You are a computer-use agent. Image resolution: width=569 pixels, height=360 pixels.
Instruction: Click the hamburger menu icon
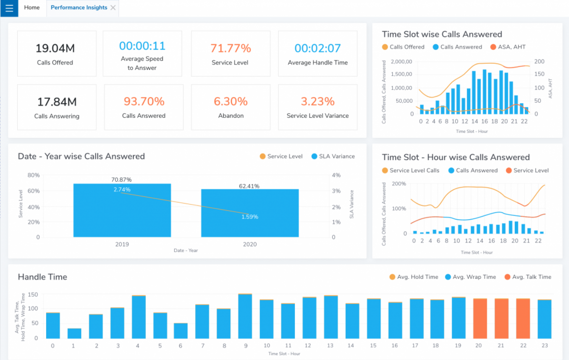click(x=9, y=8)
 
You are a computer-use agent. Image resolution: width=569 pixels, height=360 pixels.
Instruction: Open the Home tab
click(x=32, y=8)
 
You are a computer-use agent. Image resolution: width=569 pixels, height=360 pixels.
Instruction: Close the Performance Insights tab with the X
click(x=113, y=8)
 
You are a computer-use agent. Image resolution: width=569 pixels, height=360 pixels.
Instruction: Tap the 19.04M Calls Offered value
click(x=55, y=48)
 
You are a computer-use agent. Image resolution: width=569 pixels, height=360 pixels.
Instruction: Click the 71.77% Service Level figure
click(x=230, y=48)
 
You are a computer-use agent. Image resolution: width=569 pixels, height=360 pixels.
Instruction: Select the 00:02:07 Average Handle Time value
click(x=317, y=48)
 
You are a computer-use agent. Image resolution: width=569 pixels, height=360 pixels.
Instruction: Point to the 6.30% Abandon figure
click(x=230, y=101)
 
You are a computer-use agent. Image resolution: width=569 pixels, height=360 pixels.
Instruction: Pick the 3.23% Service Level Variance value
click(x=317, y=101)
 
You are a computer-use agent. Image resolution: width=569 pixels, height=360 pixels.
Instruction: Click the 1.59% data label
click(x=250, y=217)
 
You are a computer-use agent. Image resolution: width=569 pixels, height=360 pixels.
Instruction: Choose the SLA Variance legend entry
click(x=333, y=156)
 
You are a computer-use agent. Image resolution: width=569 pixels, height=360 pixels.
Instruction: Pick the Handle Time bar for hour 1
click(x=74, y=333)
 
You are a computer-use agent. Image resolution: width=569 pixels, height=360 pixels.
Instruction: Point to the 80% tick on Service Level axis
click(x=34, y=175)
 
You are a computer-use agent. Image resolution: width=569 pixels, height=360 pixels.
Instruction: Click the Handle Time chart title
click(x=42, y=277)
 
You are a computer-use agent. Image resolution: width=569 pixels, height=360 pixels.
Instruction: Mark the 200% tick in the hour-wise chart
click(x=398, y=184)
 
